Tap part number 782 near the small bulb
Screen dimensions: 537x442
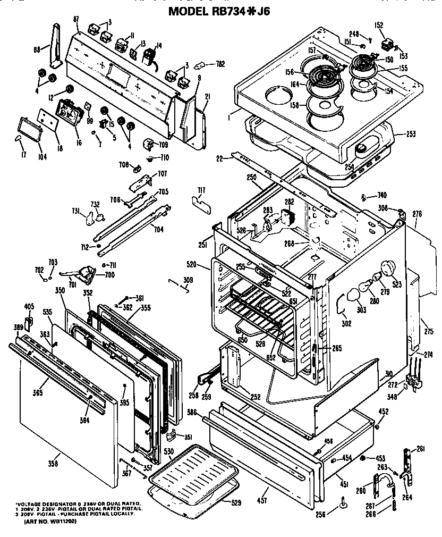[x=219, y=64]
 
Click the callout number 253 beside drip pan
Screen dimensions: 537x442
[x=411, y=133]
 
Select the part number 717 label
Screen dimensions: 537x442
[x=201, y=190]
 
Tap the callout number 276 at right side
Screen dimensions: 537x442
[x=417, y=214]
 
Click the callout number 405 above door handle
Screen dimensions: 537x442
[x=29, y=306]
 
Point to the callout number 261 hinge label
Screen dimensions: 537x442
[x=421, y=450]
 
